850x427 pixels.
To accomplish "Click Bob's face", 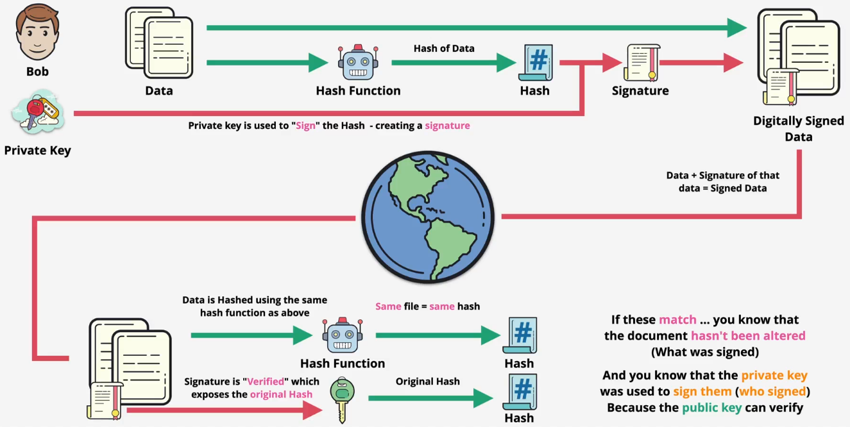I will point(37,32).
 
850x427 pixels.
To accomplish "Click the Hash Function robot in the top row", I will point(358,63).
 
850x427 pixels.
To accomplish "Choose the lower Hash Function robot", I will point(342,336).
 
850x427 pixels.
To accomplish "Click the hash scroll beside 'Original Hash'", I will point(520,393).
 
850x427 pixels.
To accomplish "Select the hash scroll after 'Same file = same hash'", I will point(520,335).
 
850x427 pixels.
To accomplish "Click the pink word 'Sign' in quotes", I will point(306,126).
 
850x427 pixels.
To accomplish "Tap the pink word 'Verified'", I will point(266,381).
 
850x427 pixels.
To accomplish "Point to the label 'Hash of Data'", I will point(444,48).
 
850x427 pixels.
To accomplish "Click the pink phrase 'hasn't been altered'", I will point(748,335).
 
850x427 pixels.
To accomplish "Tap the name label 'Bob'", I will point(37,72).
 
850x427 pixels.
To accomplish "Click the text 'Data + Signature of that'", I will point(723,175).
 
